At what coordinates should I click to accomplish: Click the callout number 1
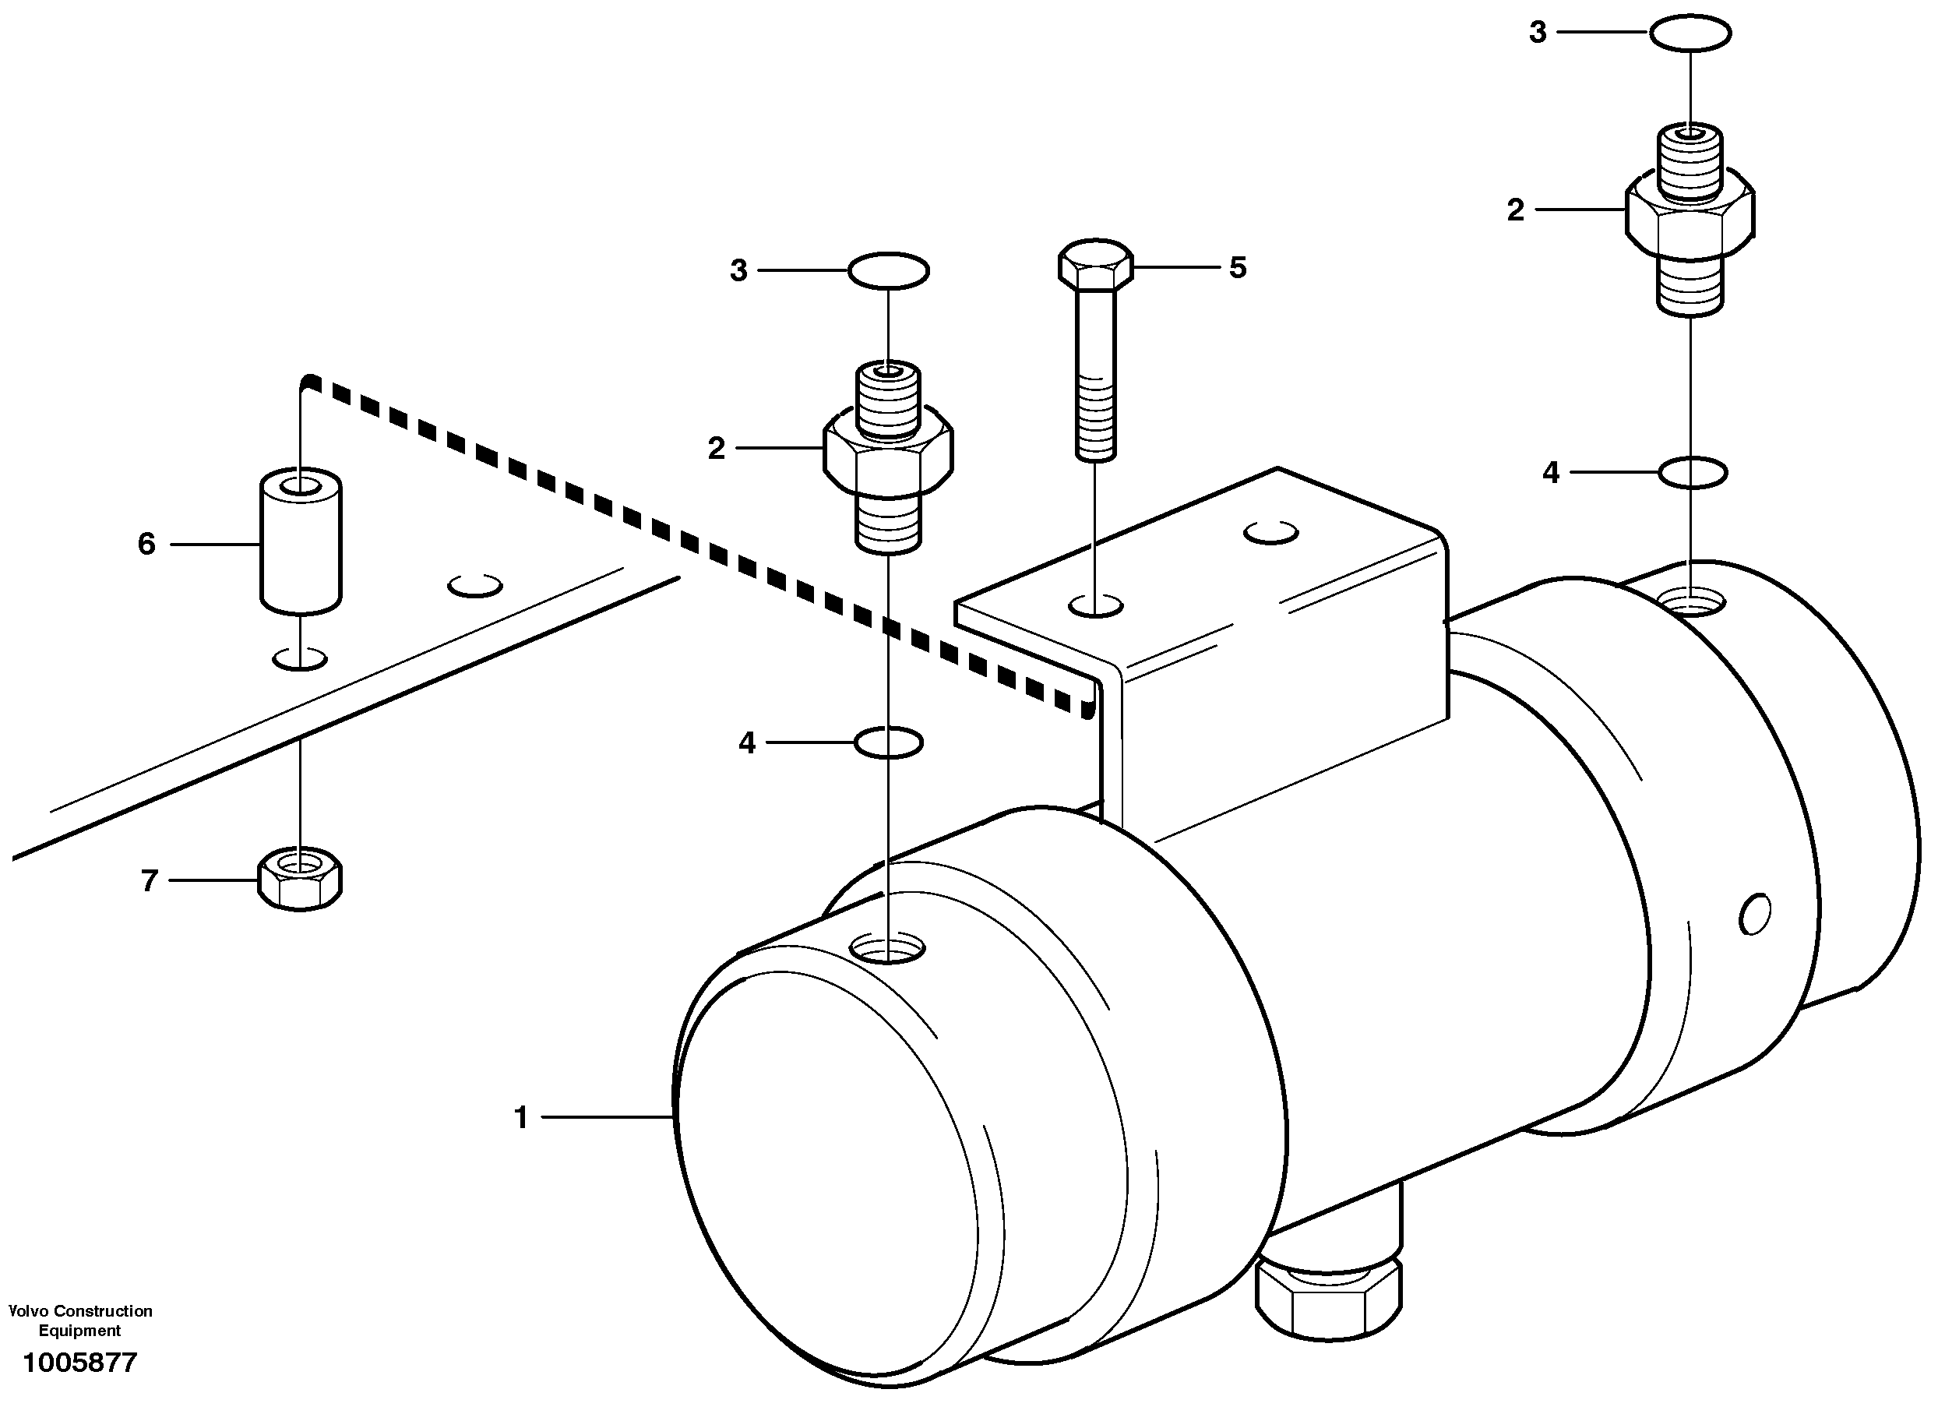click(521, 1118)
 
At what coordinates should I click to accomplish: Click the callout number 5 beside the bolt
click(1237, 268)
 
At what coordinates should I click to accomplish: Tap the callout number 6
click(147, 545)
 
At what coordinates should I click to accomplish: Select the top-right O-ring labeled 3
click(1690, 33)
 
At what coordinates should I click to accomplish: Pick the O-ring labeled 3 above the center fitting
click(888, 271)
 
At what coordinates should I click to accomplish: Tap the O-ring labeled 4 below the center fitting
click(889, 743)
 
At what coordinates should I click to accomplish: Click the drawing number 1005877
click(79, 1363)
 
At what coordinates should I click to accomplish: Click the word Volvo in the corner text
click(26, 1311)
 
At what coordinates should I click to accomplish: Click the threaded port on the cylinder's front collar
click(888, 948)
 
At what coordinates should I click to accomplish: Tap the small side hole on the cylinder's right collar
click(1755, 914)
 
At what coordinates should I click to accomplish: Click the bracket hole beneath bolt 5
click(1096, 606)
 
